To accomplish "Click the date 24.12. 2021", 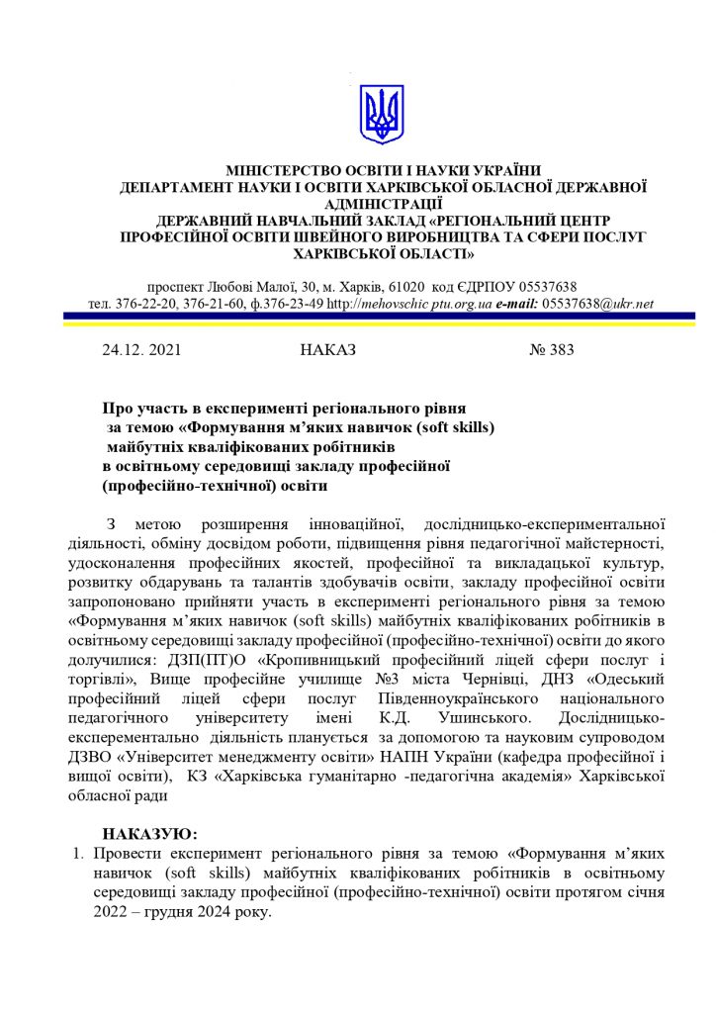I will [x=141, y=349].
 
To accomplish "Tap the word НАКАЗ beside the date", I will [x=325, y=349].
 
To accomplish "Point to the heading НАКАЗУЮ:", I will [x=150, y=834].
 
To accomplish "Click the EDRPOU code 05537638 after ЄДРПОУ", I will [x=544, y=286].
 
